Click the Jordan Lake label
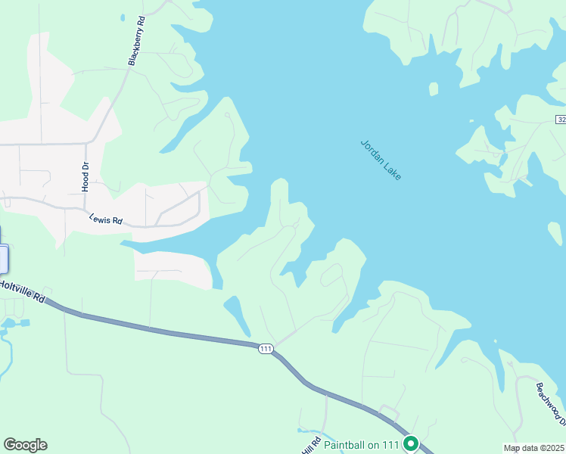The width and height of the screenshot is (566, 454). pyautogui.click(x=381, y=160)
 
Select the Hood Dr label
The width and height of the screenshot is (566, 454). pyautogui.click(x=85, y=176)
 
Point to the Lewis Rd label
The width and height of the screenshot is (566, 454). pyautogui.click(x=106, y=220)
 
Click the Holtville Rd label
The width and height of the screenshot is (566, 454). pyautogui.click(x=23, y=291)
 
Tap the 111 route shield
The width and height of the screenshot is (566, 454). pyautogui.click(x=265, y=348)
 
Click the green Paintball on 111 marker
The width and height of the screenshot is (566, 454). pyautogui.click(x=411, y=443)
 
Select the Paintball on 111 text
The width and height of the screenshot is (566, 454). pyautogui.click(x=362, y=445)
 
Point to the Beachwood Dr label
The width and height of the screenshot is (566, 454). pyautogui.click(x=550, y=400)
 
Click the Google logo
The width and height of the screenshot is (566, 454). pyautogui.click(x=25, y=445)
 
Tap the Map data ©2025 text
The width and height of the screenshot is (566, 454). pyautogui.click(x=533, y=448)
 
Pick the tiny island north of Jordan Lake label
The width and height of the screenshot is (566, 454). pyautogui.click(x=434, y=89)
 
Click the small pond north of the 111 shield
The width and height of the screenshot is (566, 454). pyautogui.click(x=237, y=313)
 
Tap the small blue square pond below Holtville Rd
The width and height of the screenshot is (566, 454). pyautogui.click(x=25, y=323)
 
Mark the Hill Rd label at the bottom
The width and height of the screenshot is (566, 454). pyautogui.click(x=311, y=446)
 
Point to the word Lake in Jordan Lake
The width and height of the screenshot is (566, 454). pyautogui.click(x=392, y=171)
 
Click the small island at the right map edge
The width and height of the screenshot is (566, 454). pyautogui.click(x=555, y=234)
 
